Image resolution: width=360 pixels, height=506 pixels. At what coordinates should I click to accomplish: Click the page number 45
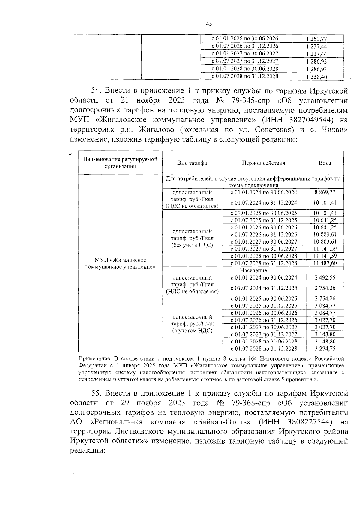[209, 24]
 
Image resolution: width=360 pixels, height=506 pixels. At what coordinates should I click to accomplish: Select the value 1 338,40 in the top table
[316, 76]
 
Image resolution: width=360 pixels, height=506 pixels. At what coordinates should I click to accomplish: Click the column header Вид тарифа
[192, 163]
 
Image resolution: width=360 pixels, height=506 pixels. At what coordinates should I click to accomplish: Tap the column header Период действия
[264, 163]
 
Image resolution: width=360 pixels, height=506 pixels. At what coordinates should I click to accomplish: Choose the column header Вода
[325, 163]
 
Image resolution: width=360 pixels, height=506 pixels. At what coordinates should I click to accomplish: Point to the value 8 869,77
[325, 192]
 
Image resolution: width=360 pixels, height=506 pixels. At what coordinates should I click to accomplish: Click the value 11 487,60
[325, 263]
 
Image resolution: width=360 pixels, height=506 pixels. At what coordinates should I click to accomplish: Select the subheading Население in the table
[253, 270]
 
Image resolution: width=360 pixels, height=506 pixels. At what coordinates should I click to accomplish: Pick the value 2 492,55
[325, 277]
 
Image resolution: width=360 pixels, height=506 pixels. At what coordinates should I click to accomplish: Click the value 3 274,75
[325, 349]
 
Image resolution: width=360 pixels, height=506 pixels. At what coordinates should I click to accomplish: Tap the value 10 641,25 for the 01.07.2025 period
[325, 220]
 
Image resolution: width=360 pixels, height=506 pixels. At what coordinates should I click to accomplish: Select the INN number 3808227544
[310, 422]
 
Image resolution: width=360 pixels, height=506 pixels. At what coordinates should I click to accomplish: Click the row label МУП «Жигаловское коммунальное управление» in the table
[120, 263]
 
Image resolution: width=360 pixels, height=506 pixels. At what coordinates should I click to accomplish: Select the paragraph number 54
[97, 91]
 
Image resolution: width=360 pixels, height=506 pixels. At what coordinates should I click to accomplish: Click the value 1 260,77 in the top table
[316, 39]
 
